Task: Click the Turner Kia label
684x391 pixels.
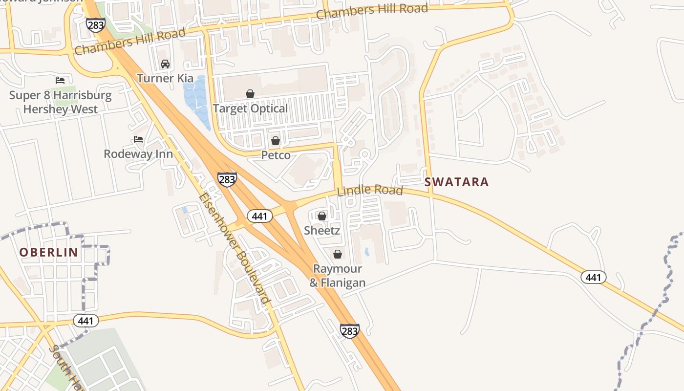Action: click(165, 78)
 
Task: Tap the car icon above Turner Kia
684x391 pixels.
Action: click(165, 64)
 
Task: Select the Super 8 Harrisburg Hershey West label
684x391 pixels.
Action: click(60, 102)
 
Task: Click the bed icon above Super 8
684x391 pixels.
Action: click(60, 80)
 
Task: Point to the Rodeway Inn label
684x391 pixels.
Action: click(138, 154)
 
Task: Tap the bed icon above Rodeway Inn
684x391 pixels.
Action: click(138, 139)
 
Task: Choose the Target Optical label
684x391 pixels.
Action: click(250, 109)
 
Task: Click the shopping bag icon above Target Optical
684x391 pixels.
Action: click(250, 93)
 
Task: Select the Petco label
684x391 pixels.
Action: click(276, 155)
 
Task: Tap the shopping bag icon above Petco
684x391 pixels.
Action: click(276, 141)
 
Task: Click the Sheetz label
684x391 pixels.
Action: click(321, 230)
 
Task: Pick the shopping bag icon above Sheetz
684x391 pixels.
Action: click(322, 216)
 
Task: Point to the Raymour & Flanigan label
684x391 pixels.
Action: click(337, 276)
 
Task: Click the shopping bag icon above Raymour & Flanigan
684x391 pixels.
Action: click(337, 254)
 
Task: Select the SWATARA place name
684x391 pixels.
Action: click(456, 182)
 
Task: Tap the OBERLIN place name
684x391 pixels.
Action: click(48, 252)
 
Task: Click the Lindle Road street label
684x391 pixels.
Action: click(370, 190)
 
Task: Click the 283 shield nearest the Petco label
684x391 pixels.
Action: click(227, 179)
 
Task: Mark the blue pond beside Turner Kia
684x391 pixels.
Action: click(196, 100)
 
